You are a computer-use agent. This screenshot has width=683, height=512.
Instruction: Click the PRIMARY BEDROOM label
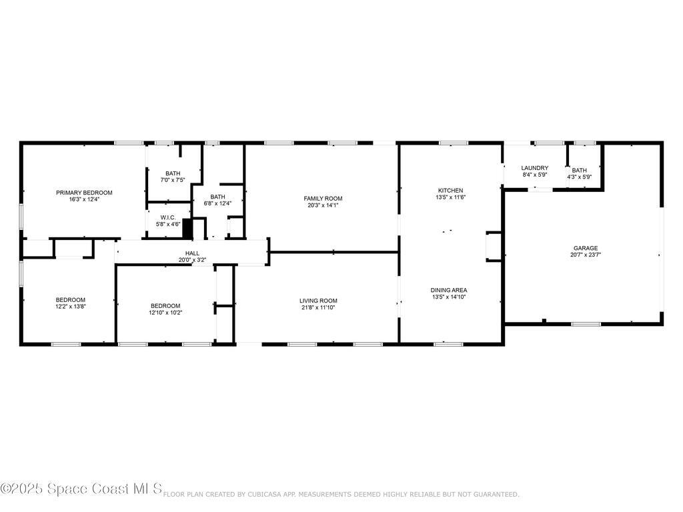(84, 193)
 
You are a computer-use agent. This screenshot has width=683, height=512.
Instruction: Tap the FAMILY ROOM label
(323, 199)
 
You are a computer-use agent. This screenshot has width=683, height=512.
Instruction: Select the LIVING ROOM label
(318, 301)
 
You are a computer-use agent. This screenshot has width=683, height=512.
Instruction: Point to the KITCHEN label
(450, 190)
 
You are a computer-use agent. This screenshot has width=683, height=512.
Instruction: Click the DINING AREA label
(449, 290)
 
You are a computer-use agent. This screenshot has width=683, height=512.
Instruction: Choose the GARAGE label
(586, 248)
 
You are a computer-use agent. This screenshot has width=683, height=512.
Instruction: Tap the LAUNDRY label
(534, 168)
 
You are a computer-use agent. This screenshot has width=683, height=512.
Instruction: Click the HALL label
(192, 253)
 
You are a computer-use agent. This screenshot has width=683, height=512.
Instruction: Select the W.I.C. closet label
(168, 218)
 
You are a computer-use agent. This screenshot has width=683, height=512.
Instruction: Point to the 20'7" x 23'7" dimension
(586, 255)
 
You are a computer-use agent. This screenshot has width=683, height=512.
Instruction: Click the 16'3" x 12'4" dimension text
(84, 199)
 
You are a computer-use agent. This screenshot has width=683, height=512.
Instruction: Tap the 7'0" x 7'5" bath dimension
(173, 180)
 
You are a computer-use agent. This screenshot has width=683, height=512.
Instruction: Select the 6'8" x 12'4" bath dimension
(217, 203)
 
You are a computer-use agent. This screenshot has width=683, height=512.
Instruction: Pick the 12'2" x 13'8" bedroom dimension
(70, 307)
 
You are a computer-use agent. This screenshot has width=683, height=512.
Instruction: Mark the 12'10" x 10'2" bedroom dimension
(165, 313)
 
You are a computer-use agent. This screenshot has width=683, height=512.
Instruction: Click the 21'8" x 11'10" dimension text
(318, 307)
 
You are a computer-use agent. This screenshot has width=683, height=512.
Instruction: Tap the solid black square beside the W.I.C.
(187, 229)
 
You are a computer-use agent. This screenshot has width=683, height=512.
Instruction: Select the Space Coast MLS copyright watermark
(81, 489)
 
